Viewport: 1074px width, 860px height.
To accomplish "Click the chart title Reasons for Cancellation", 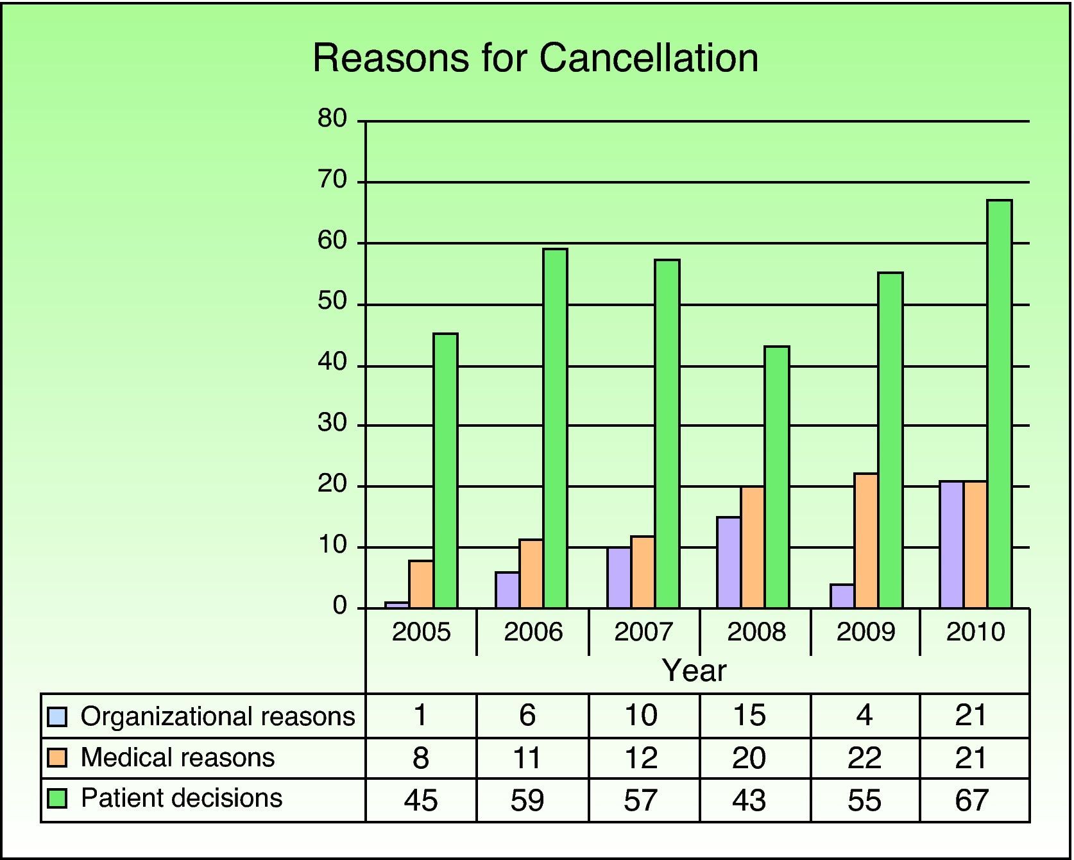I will point(535,58).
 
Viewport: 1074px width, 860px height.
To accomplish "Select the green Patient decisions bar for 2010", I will point(1000,404).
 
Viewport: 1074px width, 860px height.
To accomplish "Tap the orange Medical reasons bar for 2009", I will point(866,540).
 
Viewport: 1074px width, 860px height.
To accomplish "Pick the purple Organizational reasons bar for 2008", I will point(729,562).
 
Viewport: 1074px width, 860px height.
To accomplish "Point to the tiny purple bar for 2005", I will point(397,605).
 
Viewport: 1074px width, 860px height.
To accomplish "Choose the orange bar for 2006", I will point(531,574).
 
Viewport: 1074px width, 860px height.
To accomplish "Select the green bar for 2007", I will point(667,434).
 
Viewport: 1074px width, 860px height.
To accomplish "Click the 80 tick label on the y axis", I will point(332,119).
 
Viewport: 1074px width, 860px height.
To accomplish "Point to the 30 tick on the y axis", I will point(332,424).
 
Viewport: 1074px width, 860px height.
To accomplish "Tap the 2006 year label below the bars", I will point(533,633).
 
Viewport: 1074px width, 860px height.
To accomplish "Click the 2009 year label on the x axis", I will point(865,633).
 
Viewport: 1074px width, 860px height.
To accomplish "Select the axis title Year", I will point(694,671).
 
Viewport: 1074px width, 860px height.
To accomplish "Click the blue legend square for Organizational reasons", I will point(58,716).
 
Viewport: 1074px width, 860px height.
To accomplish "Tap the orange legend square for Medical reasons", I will point(58,758).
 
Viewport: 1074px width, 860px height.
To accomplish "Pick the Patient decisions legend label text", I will point(182,798).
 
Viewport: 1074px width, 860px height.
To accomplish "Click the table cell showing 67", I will point(972,800).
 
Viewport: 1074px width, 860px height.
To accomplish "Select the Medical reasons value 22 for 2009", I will point(865,759).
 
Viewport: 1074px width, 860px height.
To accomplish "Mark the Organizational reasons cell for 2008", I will point(749,716).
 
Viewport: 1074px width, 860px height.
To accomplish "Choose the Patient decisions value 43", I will point(749,800).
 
